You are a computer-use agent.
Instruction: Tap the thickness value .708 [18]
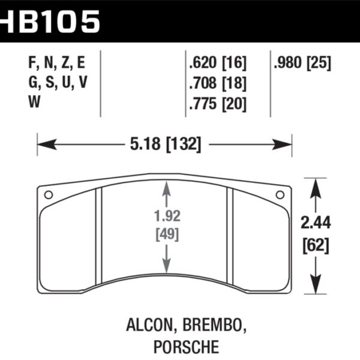tap(217, 83)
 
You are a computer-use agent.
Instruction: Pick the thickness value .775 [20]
tap(217, 103)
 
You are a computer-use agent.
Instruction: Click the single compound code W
tap(35, 103)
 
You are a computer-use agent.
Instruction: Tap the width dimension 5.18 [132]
tap(163, 144)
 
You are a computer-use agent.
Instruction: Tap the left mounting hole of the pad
tap(49, 194)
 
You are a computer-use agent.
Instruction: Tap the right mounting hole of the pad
tap(279, 194)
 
